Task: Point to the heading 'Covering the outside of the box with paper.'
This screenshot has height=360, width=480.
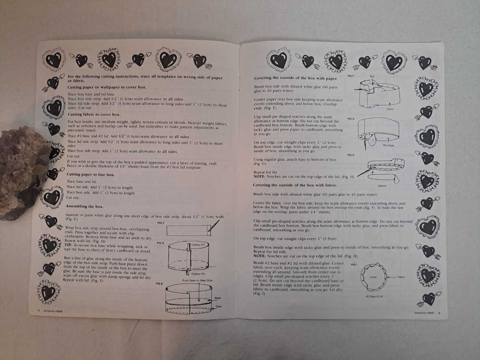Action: pyautogui.click(x=295, y=78)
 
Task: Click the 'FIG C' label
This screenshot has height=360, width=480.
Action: pyautogui.click(x=161, y=223)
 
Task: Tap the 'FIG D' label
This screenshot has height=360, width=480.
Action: pyautogui.click(x=161, y=243)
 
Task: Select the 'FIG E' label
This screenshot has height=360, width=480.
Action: pyautogui.click(x=160, y=284)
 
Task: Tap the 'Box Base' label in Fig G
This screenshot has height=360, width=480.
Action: pyautogui.click(x=389, y=144)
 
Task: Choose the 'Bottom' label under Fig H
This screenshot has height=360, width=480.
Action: pyautogui.click(x=383, y=185)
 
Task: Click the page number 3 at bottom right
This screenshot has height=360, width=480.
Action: pyautogui.click(x=439, y=313)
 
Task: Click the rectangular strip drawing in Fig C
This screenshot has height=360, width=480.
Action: pyautogui.click(x=189, y=231)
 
